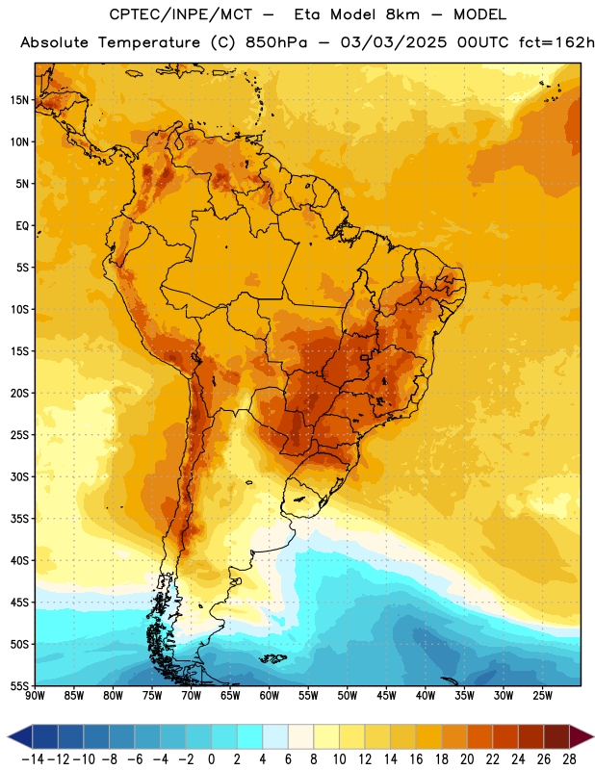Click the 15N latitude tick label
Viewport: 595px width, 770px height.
[19, 100]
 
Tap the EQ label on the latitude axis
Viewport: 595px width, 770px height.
[22, 226]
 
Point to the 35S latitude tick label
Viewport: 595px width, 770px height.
[19, 519]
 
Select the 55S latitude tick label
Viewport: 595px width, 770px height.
[19, 685]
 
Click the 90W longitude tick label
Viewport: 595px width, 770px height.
[35, 695]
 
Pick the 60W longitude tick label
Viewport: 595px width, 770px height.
[270, 695]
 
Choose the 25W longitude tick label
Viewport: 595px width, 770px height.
[542, 695]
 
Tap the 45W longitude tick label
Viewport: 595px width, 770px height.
[386, 695]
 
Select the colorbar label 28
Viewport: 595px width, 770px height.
[569, 759]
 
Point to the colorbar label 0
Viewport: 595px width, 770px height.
[211, 759]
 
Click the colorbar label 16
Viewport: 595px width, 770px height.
[416, 759]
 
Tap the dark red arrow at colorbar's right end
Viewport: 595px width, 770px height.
[582, 736]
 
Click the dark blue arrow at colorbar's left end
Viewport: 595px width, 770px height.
[20, 736]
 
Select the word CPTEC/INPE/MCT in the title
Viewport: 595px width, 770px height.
[180, 14]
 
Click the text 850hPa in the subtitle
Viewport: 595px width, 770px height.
[276, 42]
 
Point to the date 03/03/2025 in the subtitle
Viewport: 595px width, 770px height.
[394, 42]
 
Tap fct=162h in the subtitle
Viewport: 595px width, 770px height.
[556, 42]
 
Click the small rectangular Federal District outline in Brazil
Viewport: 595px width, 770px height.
[364, 357]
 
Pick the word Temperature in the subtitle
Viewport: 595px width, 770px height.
[149, 43]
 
